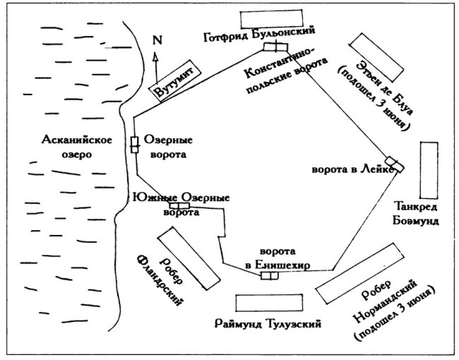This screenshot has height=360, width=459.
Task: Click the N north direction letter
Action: [156, 40]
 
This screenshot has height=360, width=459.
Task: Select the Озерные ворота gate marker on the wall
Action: [134, 144]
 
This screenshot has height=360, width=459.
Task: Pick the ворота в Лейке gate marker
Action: [395, 164]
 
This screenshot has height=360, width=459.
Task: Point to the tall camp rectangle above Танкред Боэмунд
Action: [429, 170]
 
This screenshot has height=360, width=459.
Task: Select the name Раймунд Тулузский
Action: [267, 325]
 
